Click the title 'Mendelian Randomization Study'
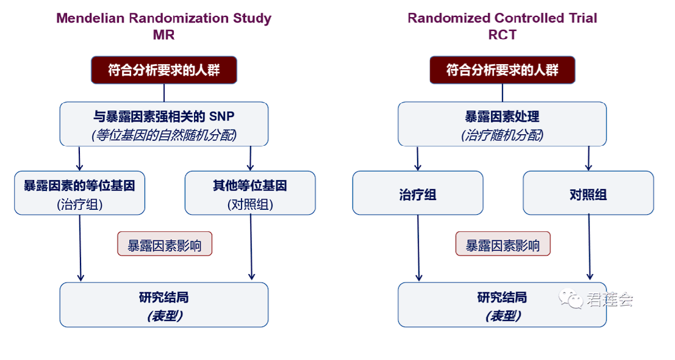tap(163, 18)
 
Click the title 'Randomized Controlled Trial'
tap(502, 18)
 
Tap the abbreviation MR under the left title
tap(163, 34)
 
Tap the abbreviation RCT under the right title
tap(502, 34)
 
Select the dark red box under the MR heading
tap(163, 70)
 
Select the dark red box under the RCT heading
tap(502, 70)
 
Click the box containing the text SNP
tap(163, 124)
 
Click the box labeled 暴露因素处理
tap(502, 124)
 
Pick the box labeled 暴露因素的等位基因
tap(79, 193)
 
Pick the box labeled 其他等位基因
tap(250, 193)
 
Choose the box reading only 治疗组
tap(418, 193)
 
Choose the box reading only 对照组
tap(588, 193)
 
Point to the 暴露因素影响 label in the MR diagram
tap(165, 244)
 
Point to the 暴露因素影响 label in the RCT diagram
tap(503, 244)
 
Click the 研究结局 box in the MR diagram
tap(163, 304)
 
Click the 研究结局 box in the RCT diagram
tap(502, 304)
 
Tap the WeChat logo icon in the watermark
tap(571, 298)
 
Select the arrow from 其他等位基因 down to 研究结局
tap(251, 248)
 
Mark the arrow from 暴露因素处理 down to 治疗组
tap(418, 158)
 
